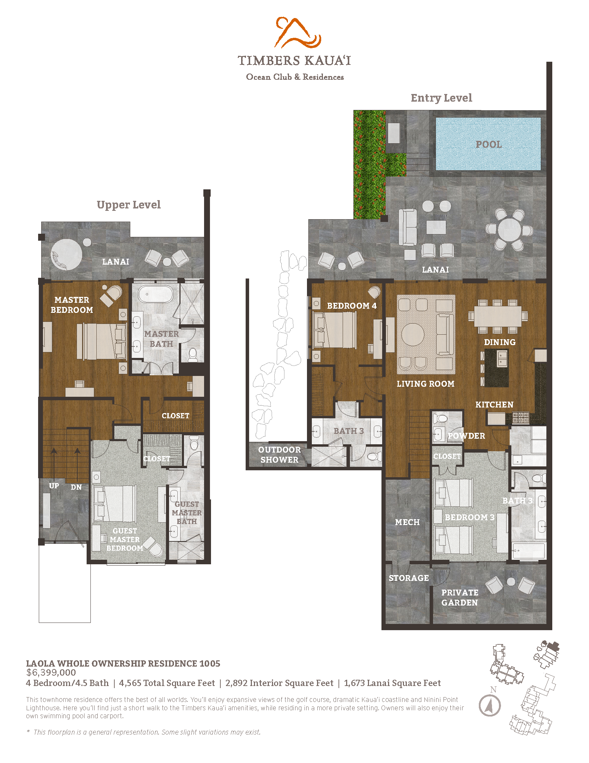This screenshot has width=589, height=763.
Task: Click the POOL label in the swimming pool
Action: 489,144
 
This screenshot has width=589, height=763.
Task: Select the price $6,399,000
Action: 51,672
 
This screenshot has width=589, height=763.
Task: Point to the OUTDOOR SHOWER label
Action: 280,455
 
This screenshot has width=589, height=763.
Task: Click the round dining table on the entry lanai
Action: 509,230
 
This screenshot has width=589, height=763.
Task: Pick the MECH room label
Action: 407,522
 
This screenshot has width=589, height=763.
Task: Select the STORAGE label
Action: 408,578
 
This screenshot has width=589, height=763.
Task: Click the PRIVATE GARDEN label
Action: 459,598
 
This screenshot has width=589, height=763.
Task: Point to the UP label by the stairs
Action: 54,486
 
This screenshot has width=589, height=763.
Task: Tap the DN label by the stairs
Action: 76,487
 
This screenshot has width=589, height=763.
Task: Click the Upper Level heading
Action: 129,205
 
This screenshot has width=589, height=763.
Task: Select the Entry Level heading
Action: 441,98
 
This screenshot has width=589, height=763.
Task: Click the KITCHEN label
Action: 494,404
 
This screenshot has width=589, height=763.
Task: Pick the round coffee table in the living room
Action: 413,334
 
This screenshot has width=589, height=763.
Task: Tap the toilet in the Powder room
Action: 442,418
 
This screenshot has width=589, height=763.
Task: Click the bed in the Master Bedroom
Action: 101,341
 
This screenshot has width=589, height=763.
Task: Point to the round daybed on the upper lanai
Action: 66,254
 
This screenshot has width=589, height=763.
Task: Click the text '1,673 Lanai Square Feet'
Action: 392,683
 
